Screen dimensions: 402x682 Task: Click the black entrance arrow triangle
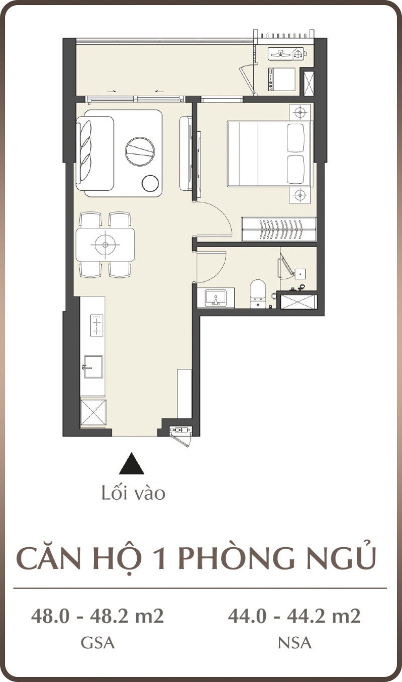[x=132, y=464]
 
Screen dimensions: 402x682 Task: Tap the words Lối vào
[x=133, y=493]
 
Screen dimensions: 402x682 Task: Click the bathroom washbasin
[x=216, y=298]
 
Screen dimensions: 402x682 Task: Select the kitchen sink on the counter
[x=93, y=366]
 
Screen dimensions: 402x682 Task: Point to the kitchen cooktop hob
[x=96, y=326]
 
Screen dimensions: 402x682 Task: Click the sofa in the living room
[x=95, y=154]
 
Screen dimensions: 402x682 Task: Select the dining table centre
[x=105, y=245]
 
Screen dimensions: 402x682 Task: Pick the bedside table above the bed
[x=300, y=112]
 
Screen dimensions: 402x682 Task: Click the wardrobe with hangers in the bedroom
[x=279, y=229]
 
